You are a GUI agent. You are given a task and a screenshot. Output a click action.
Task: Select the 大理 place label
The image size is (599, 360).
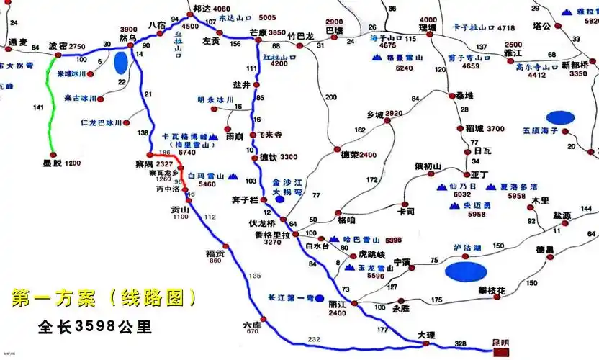[426, 336]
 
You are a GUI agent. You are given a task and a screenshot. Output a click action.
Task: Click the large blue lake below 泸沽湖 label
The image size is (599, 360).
[464, 271]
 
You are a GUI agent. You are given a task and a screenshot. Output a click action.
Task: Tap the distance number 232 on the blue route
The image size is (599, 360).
[313, 339]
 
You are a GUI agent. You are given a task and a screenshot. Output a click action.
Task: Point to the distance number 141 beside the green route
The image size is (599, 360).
[39, 107]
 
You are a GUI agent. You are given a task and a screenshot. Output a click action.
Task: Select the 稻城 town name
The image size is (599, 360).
[474, 129]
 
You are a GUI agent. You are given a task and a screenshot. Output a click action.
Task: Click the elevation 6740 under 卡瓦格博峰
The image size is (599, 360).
[187, 153]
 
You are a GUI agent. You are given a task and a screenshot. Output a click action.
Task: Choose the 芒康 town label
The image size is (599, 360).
[257, 32]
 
